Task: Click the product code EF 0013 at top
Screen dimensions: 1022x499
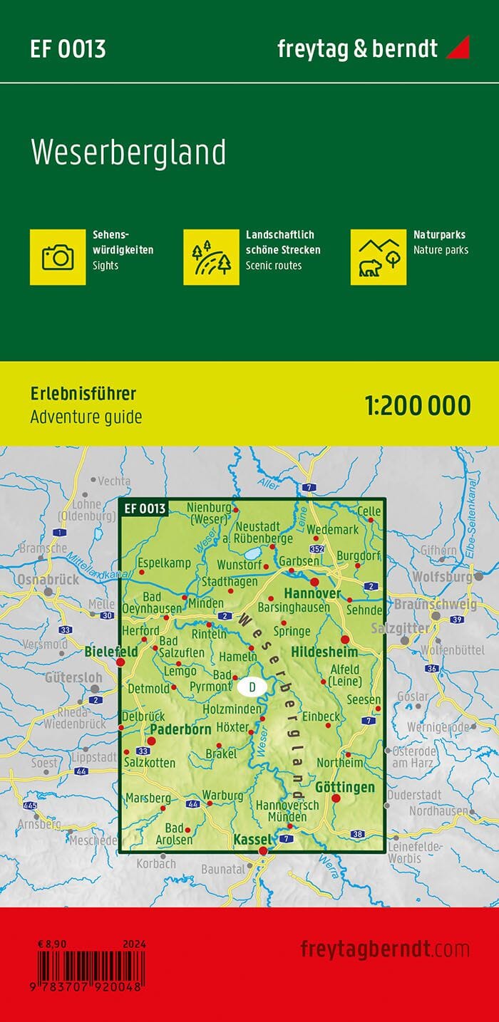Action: click(68, 49)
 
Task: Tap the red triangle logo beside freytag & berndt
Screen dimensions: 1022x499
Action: click(458, 48)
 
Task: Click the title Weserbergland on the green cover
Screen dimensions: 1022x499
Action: click(128, 153)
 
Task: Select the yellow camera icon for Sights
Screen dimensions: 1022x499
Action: click(58, 256)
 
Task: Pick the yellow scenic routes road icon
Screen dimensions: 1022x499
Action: click(211, 256)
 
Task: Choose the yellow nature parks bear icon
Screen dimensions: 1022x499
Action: click(379, 256)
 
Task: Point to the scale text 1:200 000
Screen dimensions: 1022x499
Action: click(418, 405)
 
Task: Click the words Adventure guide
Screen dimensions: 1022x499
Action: click(86, 417)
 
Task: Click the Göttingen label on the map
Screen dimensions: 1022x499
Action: click(344, 787)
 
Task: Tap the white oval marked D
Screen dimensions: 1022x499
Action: click(252, 687)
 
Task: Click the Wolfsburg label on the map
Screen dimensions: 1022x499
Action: click(442, 575)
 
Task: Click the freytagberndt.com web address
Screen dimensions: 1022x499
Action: click(385, 949)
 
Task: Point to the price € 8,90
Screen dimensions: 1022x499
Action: click(52, 944)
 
